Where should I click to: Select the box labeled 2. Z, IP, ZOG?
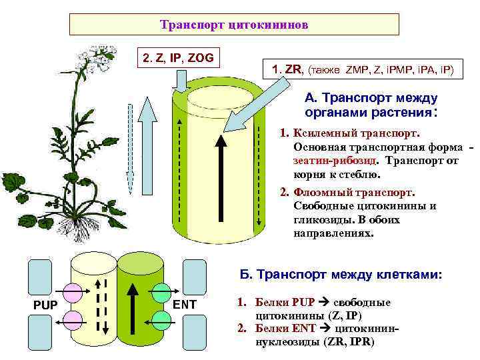tap(178, 57)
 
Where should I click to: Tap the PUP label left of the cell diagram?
tap(45, 305)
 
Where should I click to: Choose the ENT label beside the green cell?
tap(185, 305)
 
